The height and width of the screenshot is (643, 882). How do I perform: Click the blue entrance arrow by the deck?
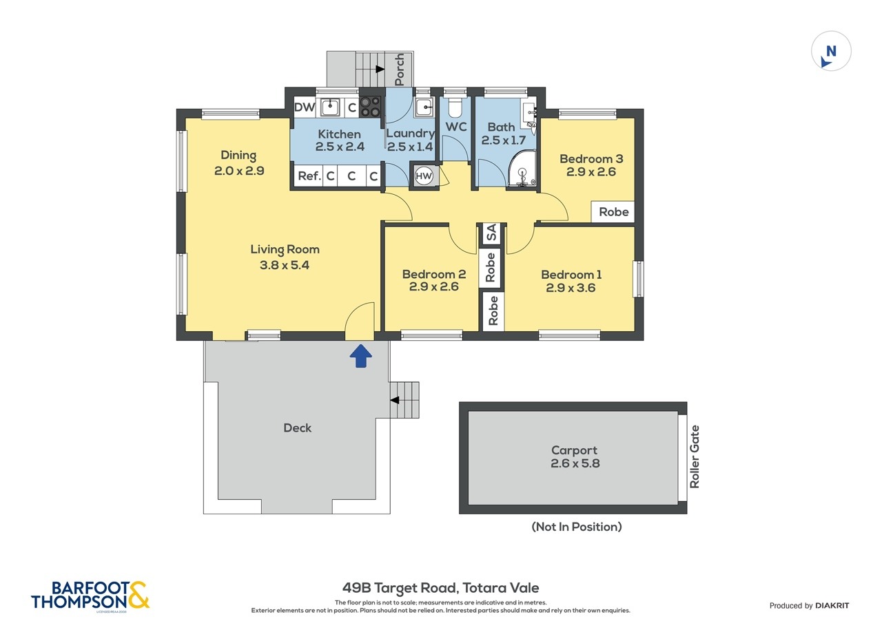coord(360,356)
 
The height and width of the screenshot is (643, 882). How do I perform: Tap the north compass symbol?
coord(831,52)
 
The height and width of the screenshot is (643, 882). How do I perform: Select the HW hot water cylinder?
coord(424,176)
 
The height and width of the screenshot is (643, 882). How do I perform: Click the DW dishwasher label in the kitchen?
coord(304,107)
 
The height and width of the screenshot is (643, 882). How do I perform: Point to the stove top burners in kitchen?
coord(370,106)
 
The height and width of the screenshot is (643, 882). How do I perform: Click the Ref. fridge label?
coord(309,176)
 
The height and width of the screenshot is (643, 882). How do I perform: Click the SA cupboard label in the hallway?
coord(491,233)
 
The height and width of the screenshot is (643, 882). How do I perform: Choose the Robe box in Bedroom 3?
coord(613,212)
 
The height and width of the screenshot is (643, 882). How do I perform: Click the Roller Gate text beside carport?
coord(695,456)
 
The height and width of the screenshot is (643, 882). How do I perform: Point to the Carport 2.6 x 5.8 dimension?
coord(575,464)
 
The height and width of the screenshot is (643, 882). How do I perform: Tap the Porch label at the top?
coord(400,70)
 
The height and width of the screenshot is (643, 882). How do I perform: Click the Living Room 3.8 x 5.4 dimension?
coord(285,264)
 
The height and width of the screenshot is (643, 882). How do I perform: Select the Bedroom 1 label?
coord(571,274)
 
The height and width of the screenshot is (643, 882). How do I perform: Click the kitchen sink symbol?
coord(330,107)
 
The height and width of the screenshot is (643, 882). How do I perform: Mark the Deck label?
coord(297,428)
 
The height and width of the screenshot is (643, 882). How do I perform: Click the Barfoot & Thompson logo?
coord(90,595)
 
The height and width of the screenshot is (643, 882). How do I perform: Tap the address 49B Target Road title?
coord(440,588)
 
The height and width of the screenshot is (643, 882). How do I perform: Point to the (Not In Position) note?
coord(576,527)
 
